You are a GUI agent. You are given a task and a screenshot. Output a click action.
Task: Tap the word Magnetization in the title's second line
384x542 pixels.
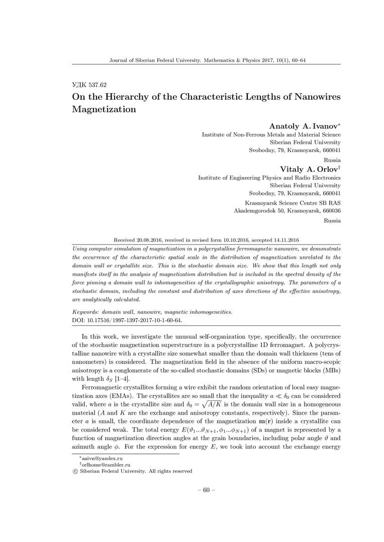pos(105,109)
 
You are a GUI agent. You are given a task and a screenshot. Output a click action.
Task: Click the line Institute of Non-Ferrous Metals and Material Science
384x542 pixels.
pos(271,134)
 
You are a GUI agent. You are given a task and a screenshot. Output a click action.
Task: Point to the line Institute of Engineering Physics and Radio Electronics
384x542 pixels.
pos(269,178)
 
